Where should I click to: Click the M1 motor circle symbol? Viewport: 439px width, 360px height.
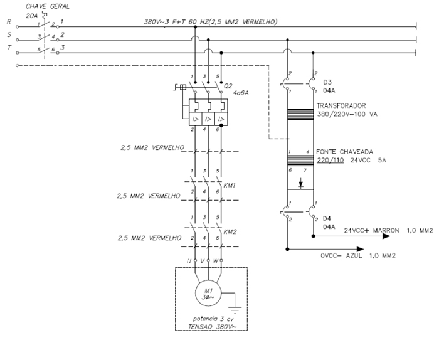pyautogui.click(x=208, y=294)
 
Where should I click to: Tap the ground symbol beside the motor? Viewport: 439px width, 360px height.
pyautogui.click(x=235, y=310)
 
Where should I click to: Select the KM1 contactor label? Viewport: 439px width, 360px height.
pyautogui.click(x=230, y=186)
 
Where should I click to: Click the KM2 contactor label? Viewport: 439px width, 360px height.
pyautogui.click(x=230, y=232)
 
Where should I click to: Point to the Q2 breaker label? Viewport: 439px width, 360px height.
pyautogui.click(x=228, y=86)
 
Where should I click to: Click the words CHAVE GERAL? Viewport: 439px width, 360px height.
pyautogui.click(x=48, y=6)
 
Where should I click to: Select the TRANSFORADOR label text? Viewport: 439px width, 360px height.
pyautogui.click(x=341, y=105)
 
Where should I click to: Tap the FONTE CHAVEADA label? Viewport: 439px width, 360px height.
pyautogui.click(x=345, y=152)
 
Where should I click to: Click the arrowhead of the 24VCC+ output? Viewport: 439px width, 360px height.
pyautogui.click(x=386, y=236)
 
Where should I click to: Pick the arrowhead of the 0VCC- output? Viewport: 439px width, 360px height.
pyautogui.click(x=360, y=249)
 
